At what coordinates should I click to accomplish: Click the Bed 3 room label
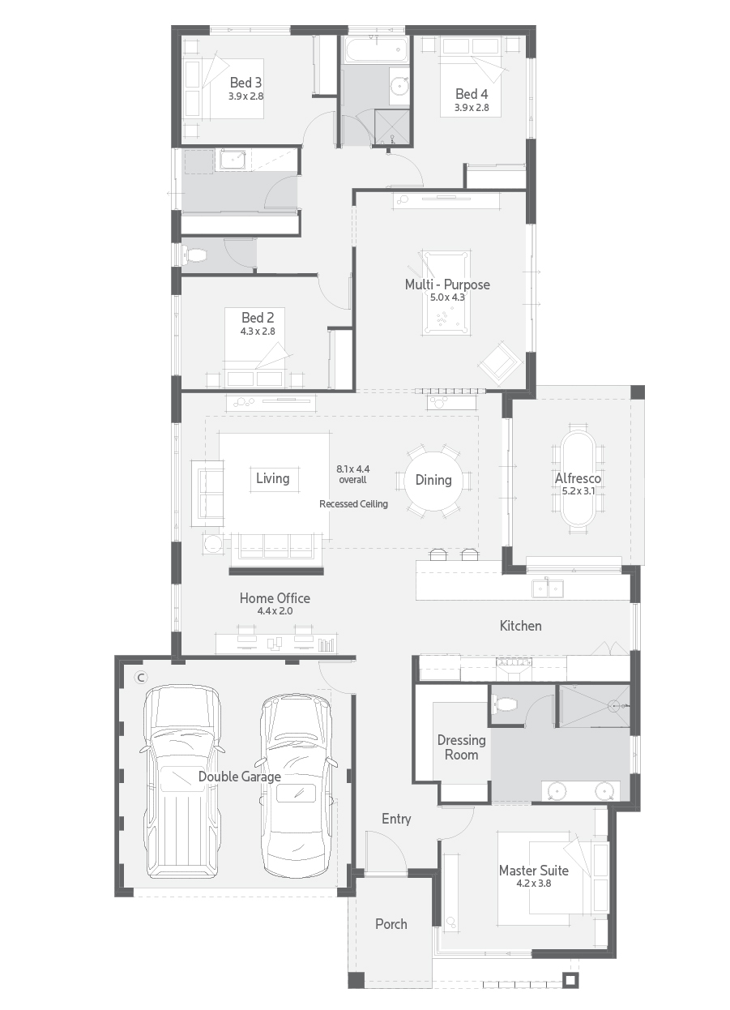(x=245, y=82)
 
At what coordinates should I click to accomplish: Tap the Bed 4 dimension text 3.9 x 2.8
(x=471, y=107)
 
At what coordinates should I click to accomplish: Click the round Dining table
(x=433, y=480)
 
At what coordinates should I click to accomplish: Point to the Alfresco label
(x=578, y=478)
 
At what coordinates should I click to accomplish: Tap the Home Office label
(x=275, y=598)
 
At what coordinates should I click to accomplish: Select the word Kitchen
(x=520, y=625)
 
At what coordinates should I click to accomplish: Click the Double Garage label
(x=240, y=777)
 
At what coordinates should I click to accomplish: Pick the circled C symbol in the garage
(x=140, y=677)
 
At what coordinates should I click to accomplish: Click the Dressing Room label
(x=461, y=747)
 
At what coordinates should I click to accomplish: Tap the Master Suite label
(x=533, y=871)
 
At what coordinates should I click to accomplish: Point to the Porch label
(x=391, y=923)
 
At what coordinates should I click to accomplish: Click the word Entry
(x=396, y=819)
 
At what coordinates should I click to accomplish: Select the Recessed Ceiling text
(x=353, y=503)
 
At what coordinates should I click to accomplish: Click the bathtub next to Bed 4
(x=374, y=50)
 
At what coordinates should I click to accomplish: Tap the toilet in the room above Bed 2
(x=195, y=255)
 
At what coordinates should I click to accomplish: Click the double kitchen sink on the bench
(x=548, y=587)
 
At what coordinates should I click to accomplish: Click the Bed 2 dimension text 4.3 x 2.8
(x=258, y=331)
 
